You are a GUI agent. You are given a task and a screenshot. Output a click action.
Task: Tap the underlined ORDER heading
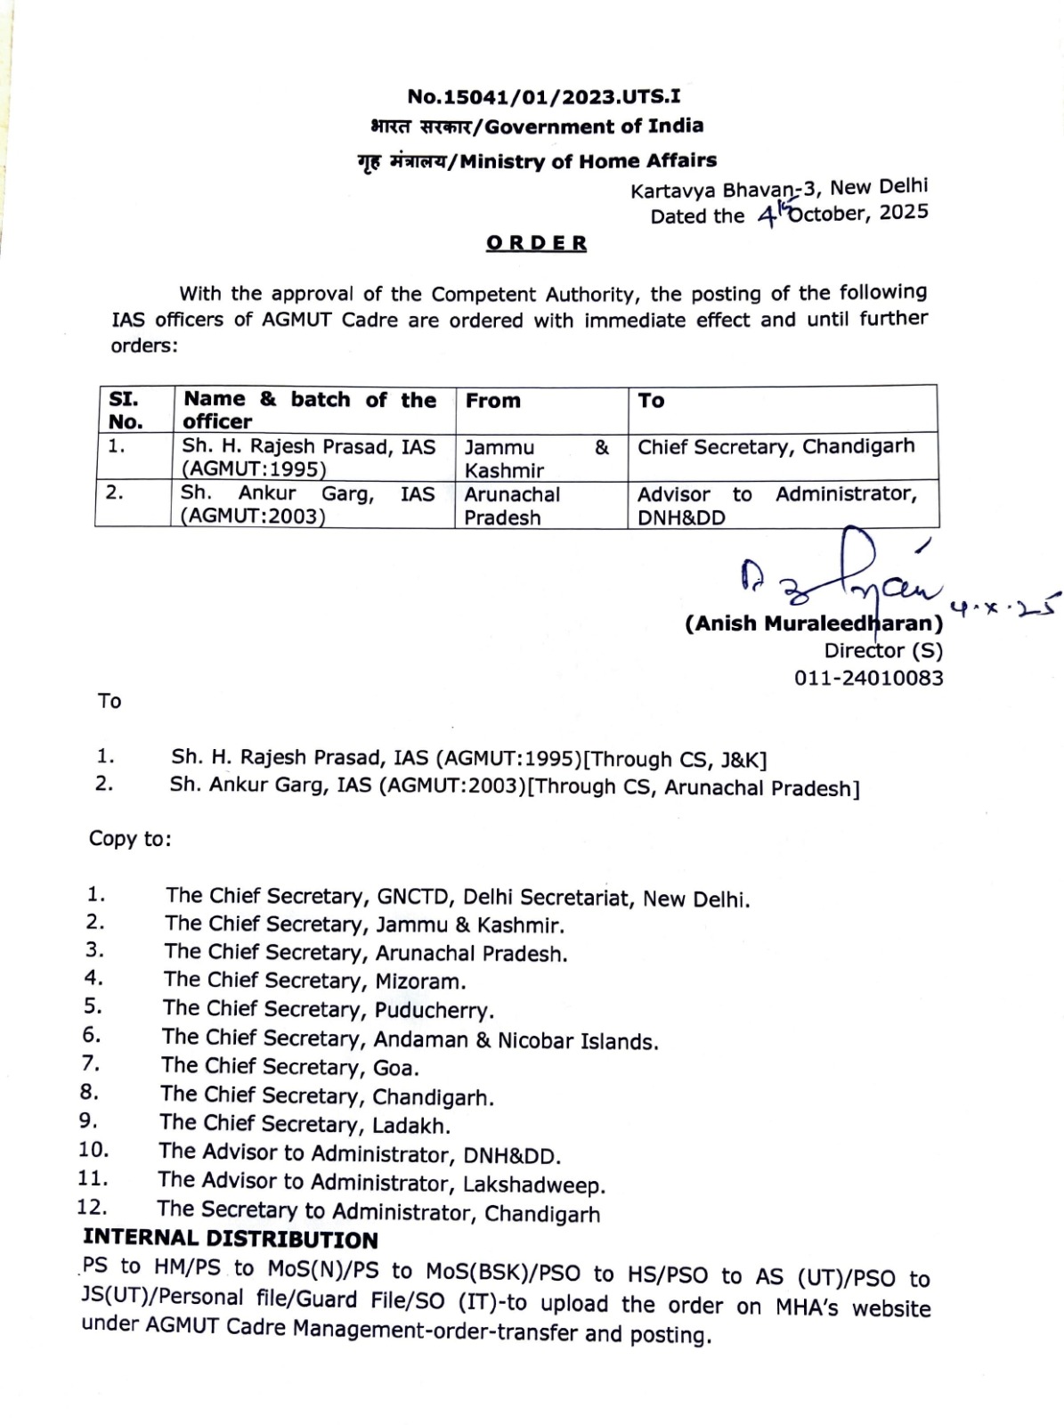[x=536, y=243]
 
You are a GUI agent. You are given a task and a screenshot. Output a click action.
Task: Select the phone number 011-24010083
[x=868, y=678]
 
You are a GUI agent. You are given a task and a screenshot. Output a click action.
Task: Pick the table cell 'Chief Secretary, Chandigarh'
[x=776, y=446]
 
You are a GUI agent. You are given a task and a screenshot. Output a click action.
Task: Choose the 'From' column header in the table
[x=492, y=401]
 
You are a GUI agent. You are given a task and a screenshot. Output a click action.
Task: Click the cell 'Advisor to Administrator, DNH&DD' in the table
[x=777, y=505]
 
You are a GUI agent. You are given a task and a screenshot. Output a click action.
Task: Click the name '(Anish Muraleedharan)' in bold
[x=813, y=623]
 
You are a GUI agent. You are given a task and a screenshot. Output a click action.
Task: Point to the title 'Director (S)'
[x=882, y=651]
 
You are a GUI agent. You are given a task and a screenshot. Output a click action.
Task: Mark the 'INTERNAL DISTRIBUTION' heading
[x=231, y=1239]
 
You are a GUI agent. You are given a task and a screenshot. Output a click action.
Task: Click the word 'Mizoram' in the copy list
[x=420, y=981]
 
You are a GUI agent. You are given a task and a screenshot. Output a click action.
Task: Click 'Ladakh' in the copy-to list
[x=411, y=1125]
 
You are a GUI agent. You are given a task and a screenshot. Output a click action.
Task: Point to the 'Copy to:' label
[x=130, y=838]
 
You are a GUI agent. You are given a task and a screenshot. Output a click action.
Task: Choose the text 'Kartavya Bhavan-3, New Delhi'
[x=779, y=190]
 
